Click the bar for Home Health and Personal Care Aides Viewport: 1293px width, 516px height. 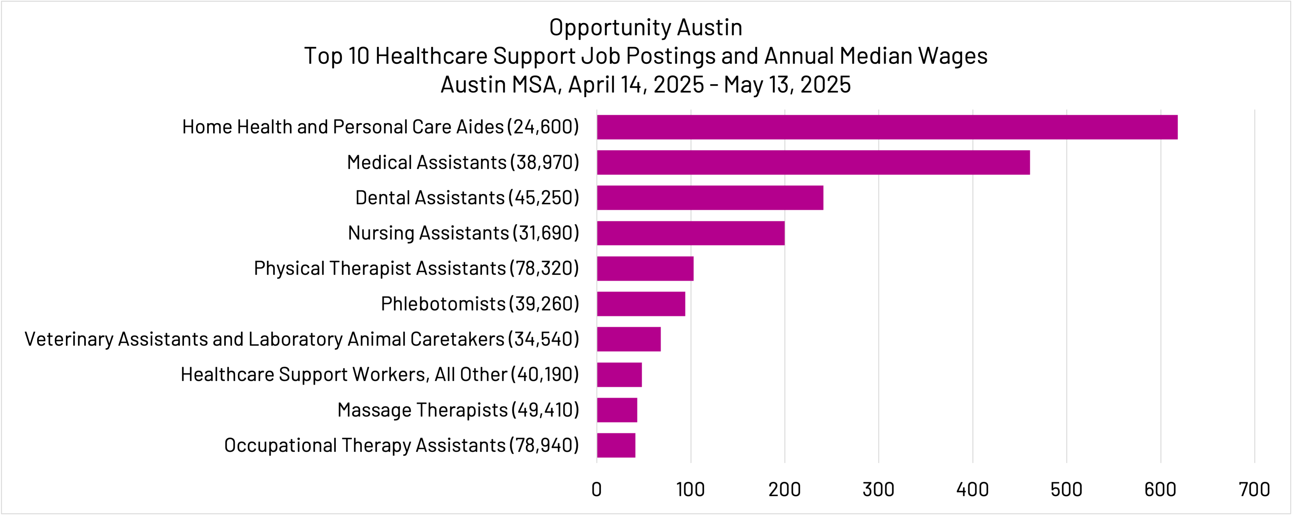coord(887,127)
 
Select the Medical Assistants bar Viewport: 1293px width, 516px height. coord(813,162)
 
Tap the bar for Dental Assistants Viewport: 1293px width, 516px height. coord(710,198)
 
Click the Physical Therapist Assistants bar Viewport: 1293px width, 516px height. coord(645,268)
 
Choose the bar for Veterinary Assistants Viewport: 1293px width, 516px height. coord(628,339)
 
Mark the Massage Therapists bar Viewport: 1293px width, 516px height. coord(617,410)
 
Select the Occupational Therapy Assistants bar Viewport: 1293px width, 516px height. coord(616,445)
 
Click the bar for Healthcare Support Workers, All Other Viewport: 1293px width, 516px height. coord(619,375)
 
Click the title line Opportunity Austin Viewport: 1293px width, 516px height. coord(645,27)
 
